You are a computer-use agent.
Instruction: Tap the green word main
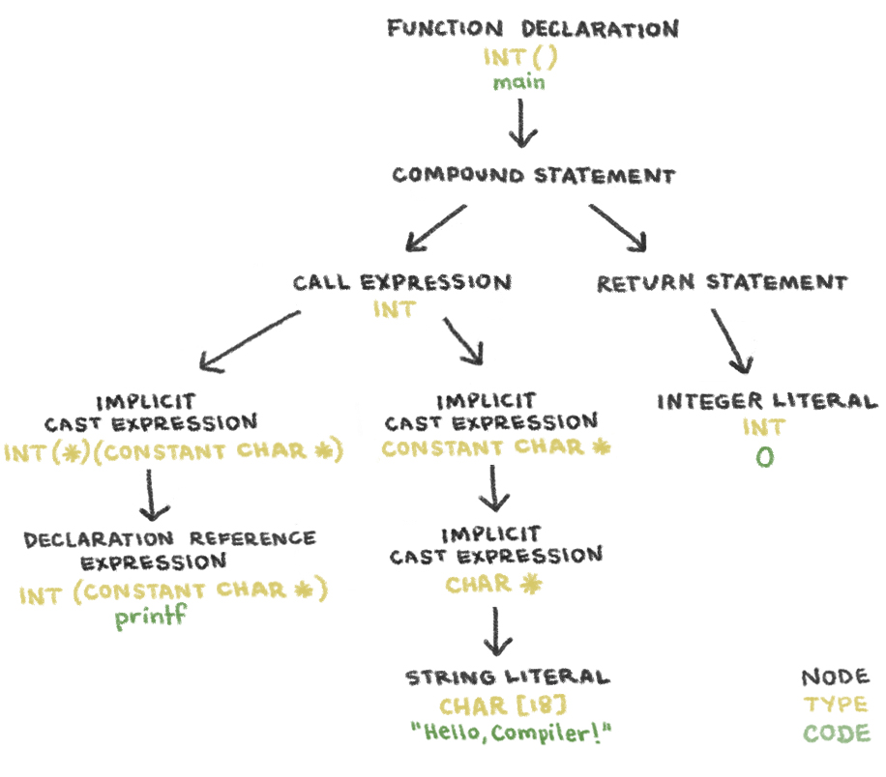coord(519,82)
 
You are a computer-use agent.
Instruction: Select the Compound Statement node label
coord(533,176)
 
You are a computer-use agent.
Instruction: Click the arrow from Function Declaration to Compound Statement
coord(522,123)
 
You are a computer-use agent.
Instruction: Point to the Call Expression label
coord(401,283)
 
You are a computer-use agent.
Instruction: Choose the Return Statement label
coord(722,283)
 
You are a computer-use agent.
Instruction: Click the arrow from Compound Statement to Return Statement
coord(619,227)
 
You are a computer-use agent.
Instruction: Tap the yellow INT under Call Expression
coord(394,309)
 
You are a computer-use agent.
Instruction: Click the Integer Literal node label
coord(767,401)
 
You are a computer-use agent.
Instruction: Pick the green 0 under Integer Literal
coord(764,457)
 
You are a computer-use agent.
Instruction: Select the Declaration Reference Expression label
coord(169,549)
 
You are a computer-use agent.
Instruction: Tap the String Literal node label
coord(507,676)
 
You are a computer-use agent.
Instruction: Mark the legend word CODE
coord(836,734)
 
